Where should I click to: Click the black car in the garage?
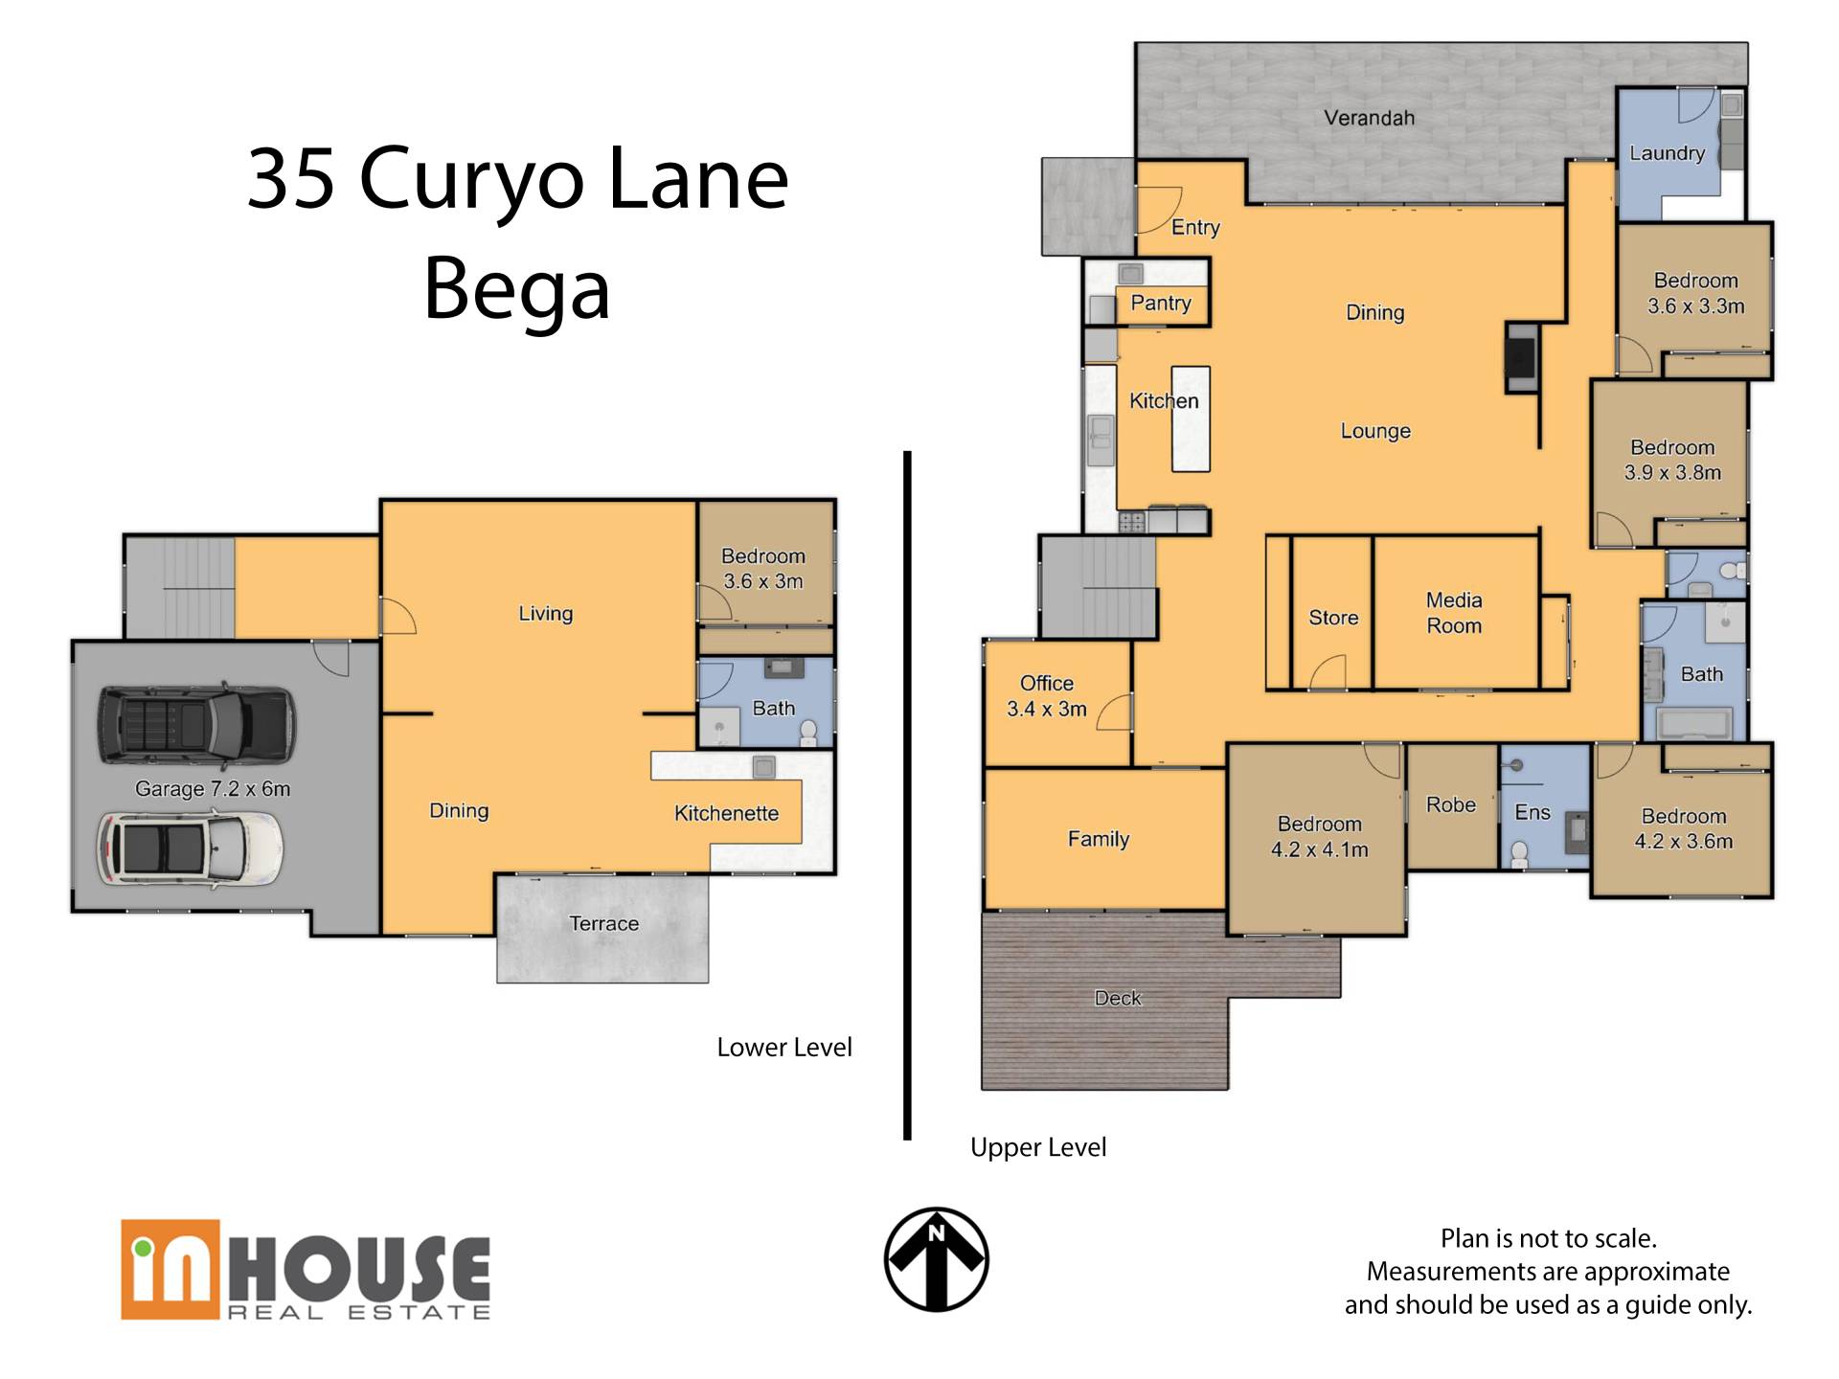pyautogui.click(x=196, y=726)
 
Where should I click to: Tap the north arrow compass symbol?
pyautogui.click(x=936, y=1258)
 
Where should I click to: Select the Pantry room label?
pyautogui.click(x=1161, y=303)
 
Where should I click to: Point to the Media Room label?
pyautogui.click(x=1454, y=613)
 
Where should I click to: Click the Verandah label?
pyautogui.click(x=1369, y=118)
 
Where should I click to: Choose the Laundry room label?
pyautogui.click(x=1668, y=153)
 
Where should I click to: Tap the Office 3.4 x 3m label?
pyautogui.click(x=1047, y=696)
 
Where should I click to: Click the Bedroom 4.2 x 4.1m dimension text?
pyautogui.click(x=1320, y=849)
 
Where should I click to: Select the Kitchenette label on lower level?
pyautogui.click(x=726, y=813)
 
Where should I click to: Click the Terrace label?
pyautogui.click(x=603, y=923)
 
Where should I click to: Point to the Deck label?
pyautogui.click(x=1118, y=998)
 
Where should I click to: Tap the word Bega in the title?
pyautogui.click(x=517, y=287)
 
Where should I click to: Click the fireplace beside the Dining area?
pyautogui.click(x=1521, y=357)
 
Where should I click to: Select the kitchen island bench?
pyautogui.click(x=1191, y=418)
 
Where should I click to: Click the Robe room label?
pyautogui.click(x=1451, y=805)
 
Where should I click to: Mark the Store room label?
pyautogui.click(x=1333, y=618)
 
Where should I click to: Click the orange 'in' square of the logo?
pyautogui.click(x=170, y=1269)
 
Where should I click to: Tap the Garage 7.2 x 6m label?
pyautogui.click(x=213, y=789)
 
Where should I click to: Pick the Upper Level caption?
pyautogui.click(x=1038, y=1147)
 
